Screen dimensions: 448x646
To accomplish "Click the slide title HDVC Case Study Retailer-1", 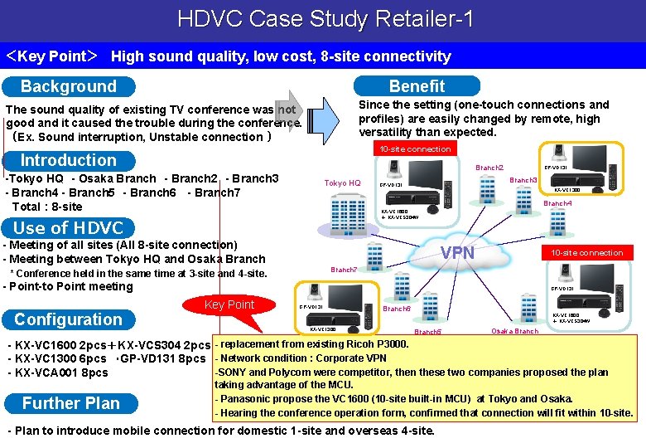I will coord(325,19).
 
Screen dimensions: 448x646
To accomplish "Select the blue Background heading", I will coord(69,86).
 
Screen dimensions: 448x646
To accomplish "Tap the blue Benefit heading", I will coord(417,86).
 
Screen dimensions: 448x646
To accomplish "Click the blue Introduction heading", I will coord(69,160).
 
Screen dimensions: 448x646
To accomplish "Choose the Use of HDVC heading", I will coord(69,227).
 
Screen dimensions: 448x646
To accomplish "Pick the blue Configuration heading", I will coord(68,319).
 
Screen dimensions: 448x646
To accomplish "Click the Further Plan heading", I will coord(71,403).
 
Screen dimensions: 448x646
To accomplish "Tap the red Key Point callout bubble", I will coord(229,305).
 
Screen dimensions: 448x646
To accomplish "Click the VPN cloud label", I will coord(457,252).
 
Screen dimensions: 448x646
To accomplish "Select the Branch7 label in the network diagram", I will coord(344,270).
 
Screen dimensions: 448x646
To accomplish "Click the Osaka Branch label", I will coord(514,331).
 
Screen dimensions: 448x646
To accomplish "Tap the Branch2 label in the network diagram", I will coord(489,168).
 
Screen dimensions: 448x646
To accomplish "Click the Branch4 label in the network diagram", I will coord(557,203).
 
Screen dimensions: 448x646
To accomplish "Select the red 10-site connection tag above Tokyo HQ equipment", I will coord(415,149).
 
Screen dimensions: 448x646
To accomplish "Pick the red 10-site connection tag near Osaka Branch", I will coord(587,252).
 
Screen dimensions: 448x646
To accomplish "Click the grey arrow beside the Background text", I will coord(290,111).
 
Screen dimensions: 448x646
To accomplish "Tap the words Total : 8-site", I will coord(47,207).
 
